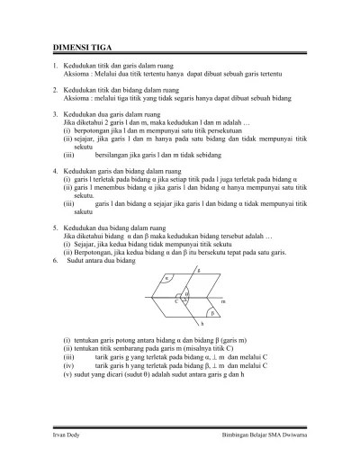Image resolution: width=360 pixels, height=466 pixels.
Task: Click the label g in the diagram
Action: (198, 270)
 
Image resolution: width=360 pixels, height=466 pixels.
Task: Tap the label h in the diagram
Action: (202, 323)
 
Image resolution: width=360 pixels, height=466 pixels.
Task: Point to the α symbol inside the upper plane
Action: (166, 280)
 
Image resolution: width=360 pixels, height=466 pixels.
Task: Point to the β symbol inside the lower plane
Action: (213, 314)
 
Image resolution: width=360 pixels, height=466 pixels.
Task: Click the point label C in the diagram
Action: (176, 301)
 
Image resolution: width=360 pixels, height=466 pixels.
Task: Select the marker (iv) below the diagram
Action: (68, 366)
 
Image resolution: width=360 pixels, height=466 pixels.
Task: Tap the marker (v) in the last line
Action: (67, 373)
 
